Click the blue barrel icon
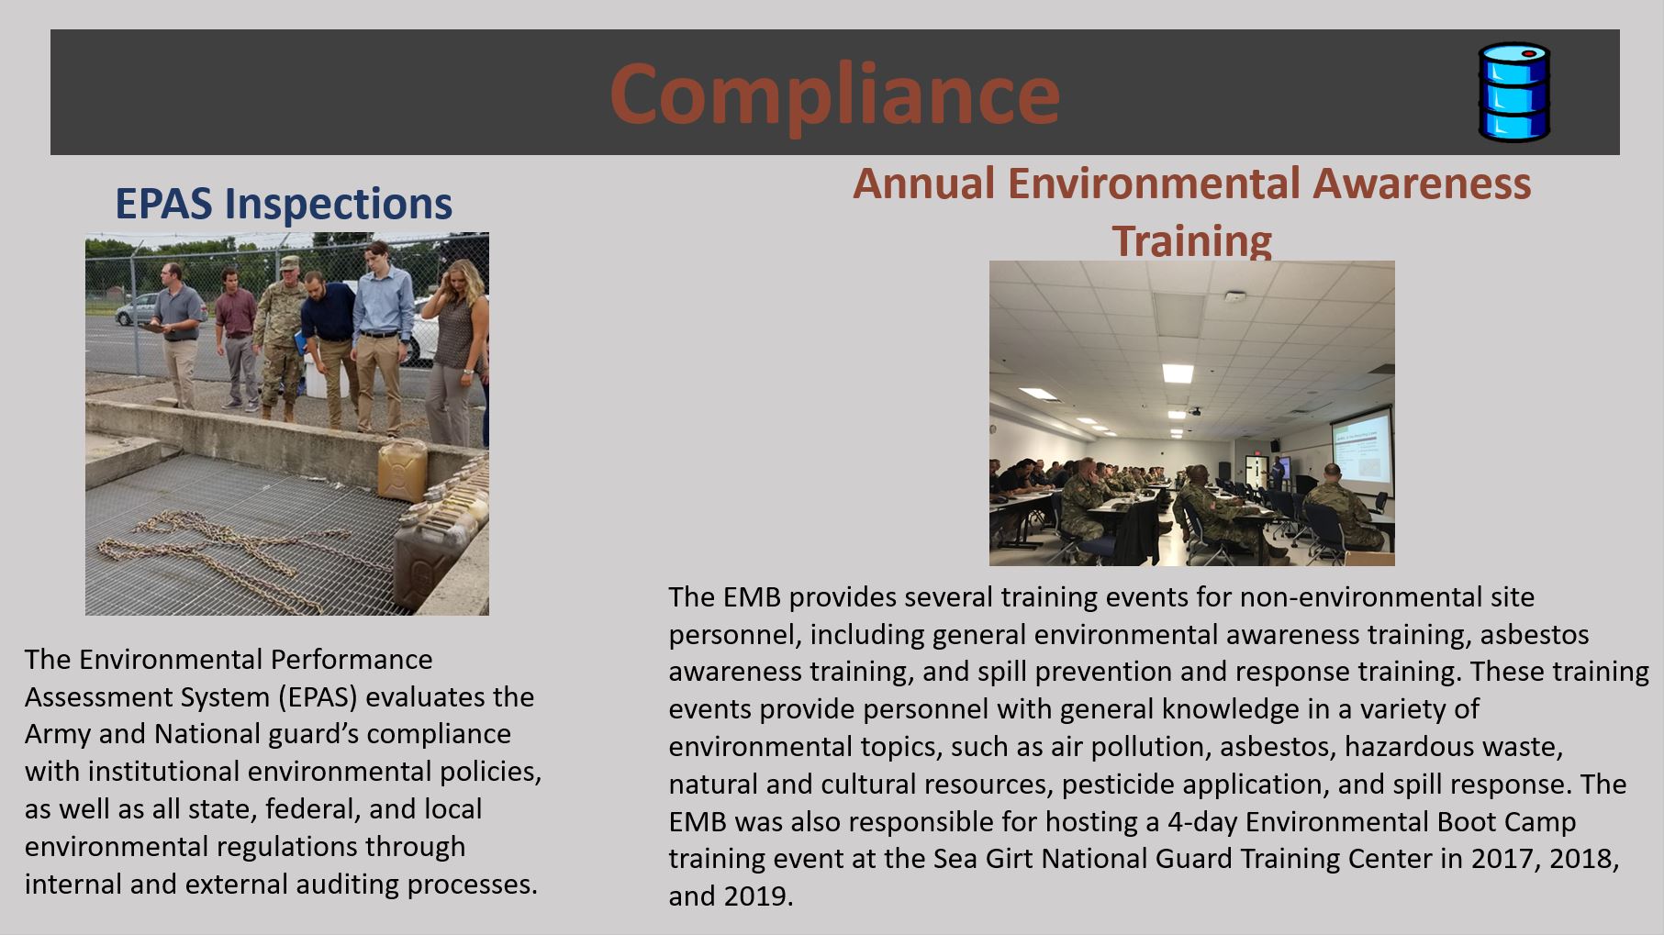[1513, 92]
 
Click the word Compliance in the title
[834, 93]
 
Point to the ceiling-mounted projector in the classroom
[1194, 411]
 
